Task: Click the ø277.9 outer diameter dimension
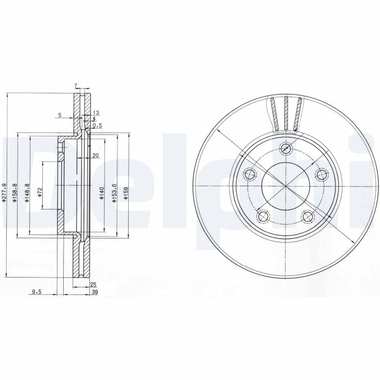(x=4, y=193)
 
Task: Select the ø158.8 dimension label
(x=15, y=193)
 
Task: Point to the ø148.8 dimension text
(x=27, y=193)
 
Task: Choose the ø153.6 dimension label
(x=114, y=194)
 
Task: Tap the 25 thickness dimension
(x=93, y=285)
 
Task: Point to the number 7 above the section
(x=75, y=85)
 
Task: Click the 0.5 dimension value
(x=97, y=125)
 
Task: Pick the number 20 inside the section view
(x=95, y=156)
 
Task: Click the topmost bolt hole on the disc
(x=285, y=148)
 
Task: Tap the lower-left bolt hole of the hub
(x=263, y=217)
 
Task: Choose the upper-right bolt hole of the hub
(x=322, y=174)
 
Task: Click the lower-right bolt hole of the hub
(x=308, y=217)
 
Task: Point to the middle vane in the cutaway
(x=286, y=114)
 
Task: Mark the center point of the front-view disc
(x=285, y=186)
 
